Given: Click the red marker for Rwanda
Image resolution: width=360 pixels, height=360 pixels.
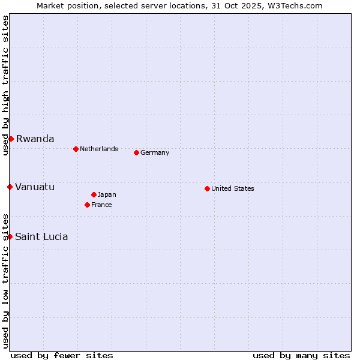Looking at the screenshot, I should coord(11,139).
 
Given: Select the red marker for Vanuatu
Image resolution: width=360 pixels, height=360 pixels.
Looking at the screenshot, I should coord(10,187).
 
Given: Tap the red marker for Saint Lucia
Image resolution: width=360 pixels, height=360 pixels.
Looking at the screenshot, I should coord(10,236).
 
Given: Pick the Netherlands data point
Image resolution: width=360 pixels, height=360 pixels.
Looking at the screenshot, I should coord(76,149).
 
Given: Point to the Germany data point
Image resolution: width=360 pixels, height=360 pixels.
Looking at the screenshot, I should coord(136,152).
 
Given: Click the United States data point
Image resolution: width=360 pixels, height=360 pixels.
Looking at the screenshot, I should coord(207,188).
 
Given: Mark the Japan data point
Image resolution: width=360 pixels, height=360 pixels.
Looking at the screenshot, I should coord(94,194).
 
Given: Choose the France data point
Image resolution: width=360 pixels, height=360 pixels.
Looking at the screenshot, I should coord(87,205).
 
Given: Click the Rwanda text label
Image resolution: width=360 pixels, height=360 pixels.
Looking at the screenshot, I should coord(35,139).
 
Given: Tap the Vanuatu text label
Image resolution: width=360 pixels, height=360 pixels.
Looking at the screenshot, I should coord(35,187).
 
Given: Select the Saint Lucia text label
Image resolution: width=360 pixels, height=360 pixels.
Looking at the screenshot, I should coord(41,236).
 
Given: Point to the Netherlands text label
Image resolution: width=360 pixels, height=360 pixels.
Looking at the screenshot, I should coord(99,149).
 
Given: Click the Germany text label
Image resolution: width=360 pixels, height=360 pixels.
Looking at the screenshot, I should coord(155,152).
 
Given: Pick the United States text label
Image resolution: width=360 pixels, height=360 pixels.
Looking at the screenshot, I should coord(233,188).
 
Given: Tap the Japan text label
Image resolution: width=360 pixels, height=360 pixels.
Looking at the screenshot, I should coord(107,194).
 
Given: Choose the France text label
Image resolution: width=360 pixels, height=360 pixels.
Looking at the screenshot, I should coord(101,205).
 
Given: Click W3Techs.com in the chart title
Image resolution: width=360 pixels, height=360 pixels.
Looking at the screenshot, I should coord(295,5).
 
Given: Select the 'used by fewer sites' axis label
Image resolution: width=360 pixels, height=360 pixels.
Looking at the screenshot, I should coord(62,355).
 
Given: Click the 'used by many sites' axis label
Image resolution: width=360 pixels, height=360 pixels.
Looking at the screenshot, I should coord(301,355).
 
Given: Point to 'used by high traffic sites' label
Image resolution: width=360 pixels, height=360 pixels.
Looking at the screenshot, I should coord(5,85).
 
